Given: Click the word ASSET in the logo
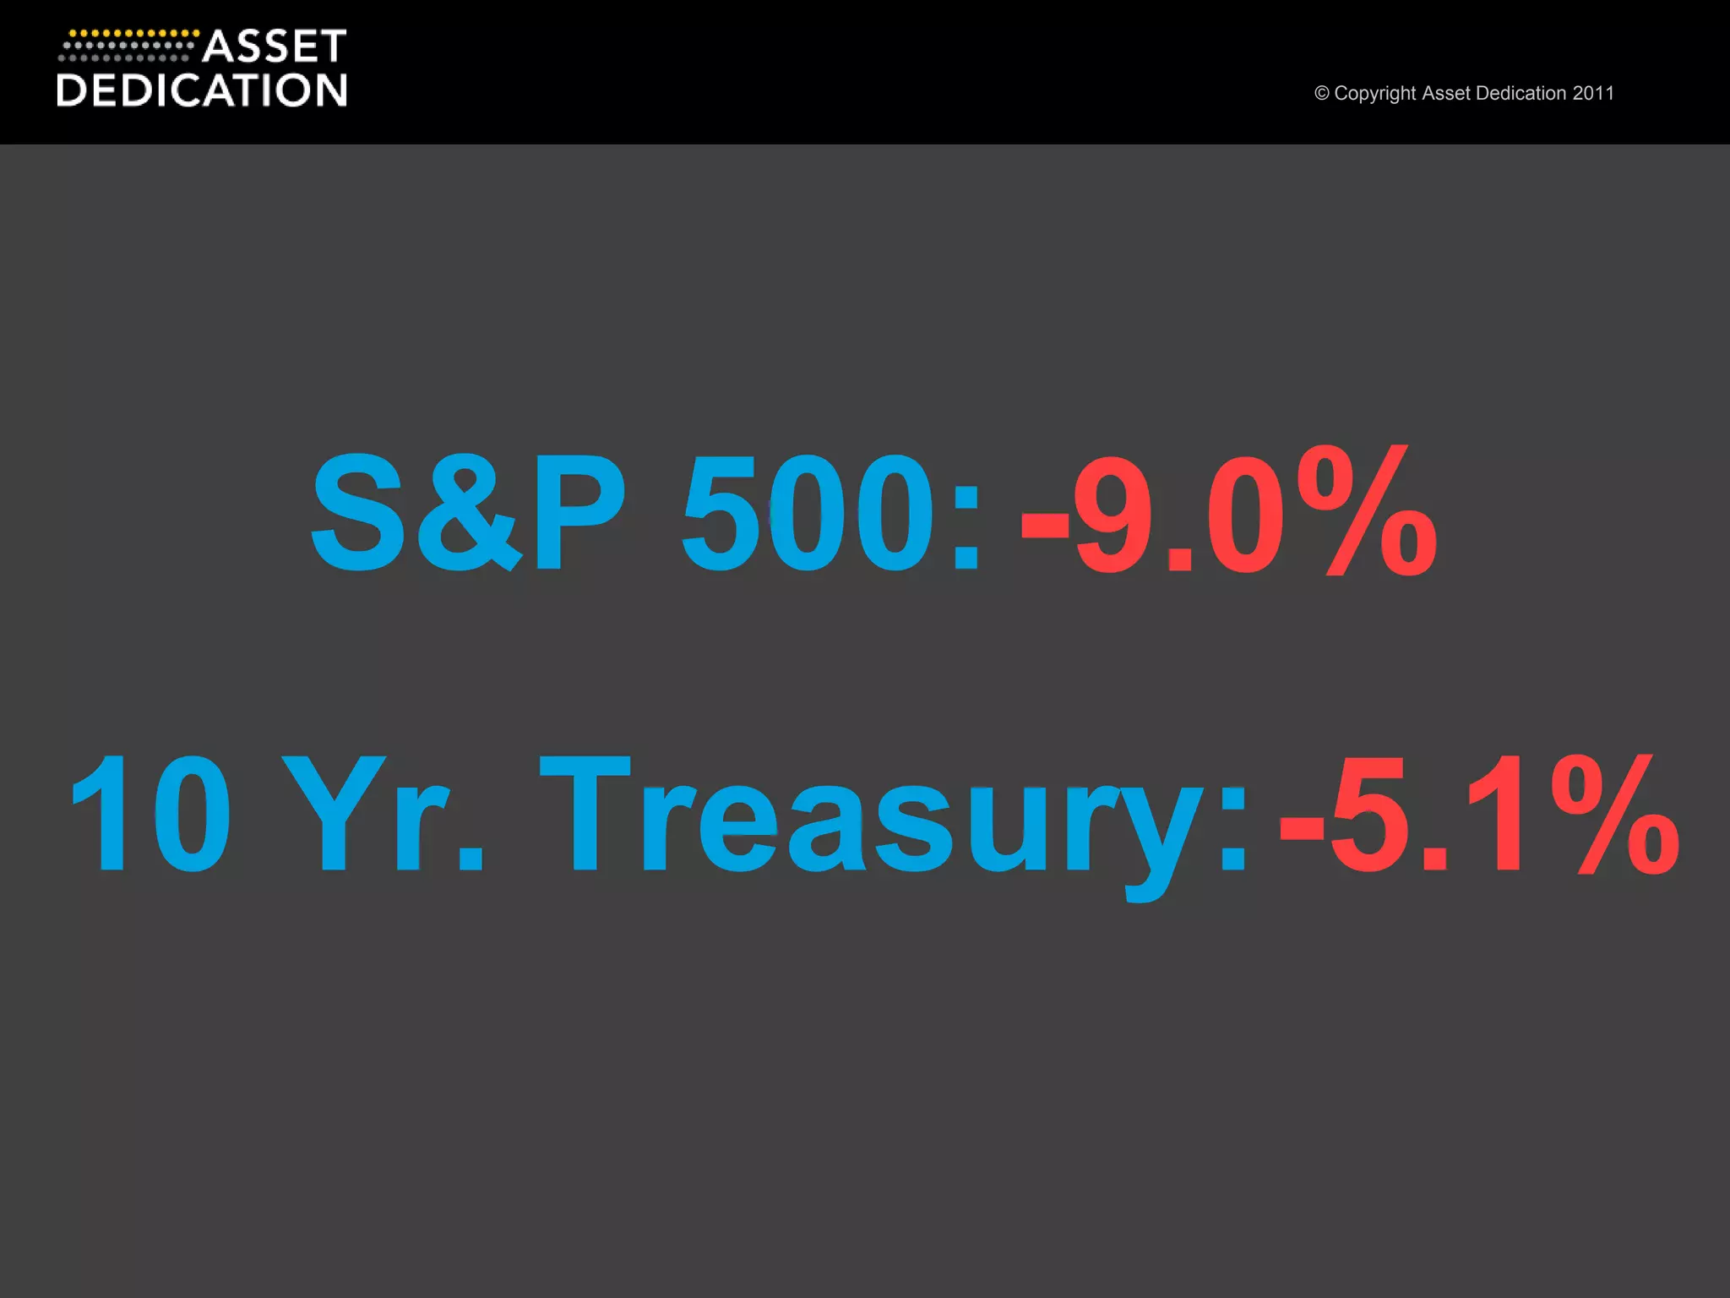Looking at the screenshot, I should click(x=275, y=46).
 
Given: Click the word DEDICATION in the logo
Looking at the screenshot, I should click(x=202, y=90).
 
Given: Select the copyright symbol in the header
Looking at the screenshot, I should click(x=1321, y=93).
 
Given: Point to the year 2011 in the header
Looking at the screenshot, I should click(x=1593, y=93).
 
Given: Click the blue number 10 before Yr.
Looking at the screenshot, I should click(x=150, y=813).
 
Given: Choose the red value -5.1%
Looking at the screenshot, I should click(x=1479, y=813).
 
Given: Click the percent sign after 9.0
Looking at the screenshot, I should click(x=1367, y=512).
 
